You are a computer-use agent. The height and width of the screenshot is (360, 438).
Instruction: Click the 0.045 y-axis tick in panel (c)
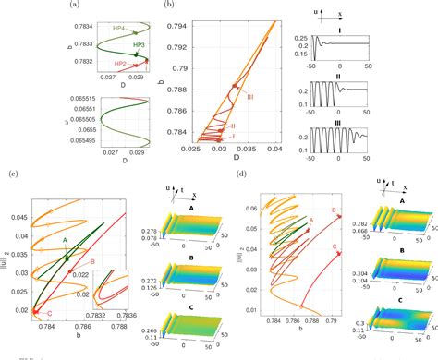point(21,217)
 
